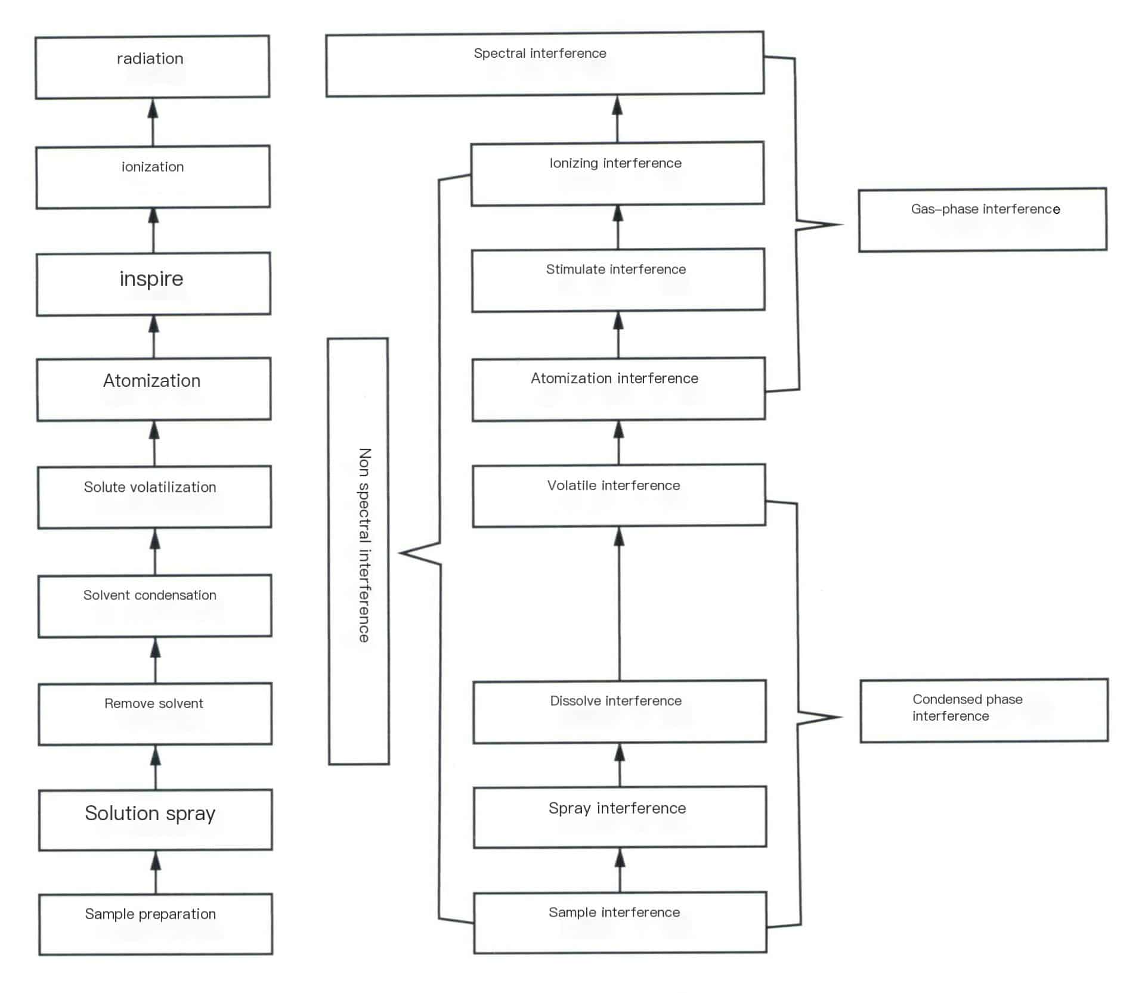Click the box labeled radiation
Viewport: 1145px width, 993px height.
tap(152, 67)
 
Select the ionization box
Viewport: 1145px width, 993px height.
tap(153, 176)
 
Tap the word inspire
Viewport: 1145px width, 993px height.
tap(151, 279)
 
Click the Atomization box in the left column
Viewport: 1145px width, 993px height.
tap(153, 389)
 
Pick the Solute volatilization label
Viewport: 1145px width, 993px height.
tap(150, 487)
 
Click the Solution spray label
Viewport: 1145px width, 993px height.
tap(150, 814)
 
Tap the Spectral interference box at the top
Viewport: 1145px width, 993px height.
tap(544, 63)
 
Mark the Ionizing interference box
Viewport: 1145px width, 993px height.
tap(617, 173)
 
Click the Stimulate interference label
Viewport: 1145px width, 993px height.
tap(615, 269)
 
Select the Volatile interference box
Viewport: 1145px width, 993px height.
tap(618, 495)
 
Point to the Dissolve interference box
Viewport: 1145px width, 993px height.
tap(619, 711)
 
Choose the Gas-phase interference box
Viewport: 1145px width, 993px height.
tap(982, 219)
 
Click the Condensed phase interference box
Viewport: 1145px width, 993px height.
tap(983, 710)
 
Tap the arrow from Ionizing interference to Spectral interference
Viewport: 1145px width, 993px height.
tap(617, 119)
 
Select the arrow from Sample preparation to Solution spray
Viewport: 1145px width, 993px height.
tap(156, 873)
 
